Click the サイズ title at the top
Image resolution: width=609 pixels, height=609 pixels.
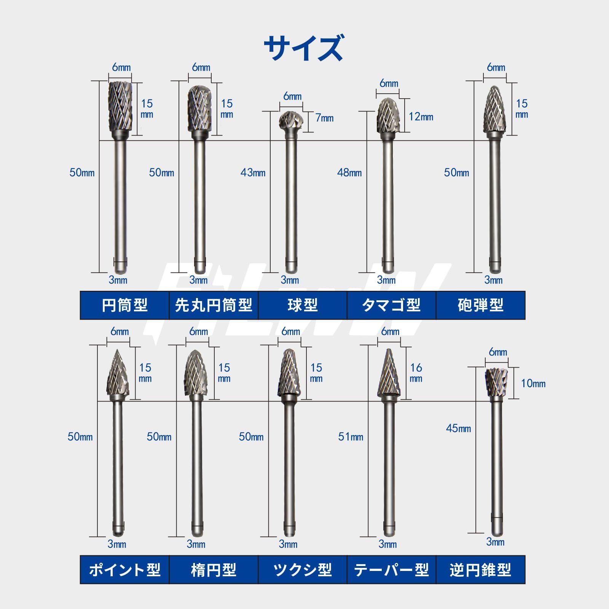point(304,48)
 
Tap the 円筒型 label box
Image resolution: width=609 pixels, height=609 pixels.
point(124,305)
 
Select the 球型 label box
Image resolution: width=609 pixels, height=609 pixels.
point(303,305)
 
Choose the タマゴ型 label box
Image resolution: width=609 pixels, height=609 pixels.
point(392,305)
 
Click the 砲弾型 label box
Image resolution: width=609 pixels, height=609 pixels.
point(481,305)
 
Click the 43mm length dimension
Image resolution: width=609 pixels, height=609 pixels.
point(253,172)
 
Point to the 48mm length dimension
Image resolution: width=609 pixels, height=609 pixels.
point(349,172)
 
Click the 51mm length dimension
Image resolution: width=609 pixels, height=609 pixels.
point(351,437)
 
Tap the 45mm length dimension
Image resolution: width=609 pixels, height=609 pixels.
point(459,428)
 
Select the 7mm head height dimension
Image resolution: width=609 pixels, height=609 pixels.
point(324,118)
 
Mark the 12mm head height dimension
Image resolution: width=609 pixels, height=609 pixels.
point(421,117)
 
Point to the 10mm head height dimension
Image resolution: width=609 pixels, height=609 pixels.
point(533,383)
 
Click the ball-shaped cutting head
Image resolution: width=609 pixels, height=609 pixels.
point(290,121)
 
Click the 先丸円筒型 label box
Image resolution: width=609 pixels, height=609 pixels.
point(214,305)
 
